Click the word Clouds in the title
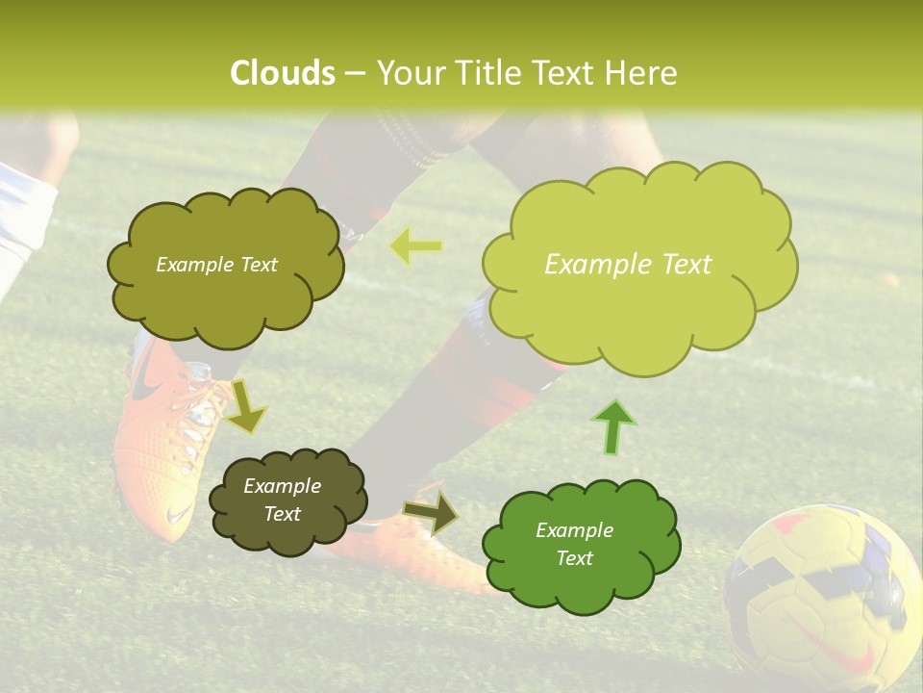[x=283, y=73]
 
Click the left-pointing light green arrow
[x=416, y=247]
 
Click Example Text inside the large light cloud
[x=628, y=265]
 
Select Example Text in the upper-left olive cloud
[x=216, y=265]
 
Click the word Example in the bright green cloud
[x=574, y=530]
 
